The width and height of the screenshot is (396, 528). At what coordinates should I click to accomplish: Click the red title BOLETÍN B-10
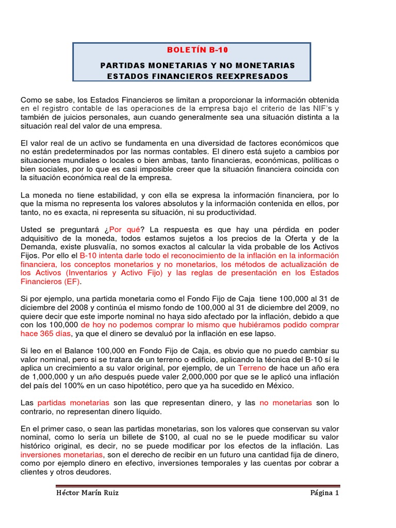197,50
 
